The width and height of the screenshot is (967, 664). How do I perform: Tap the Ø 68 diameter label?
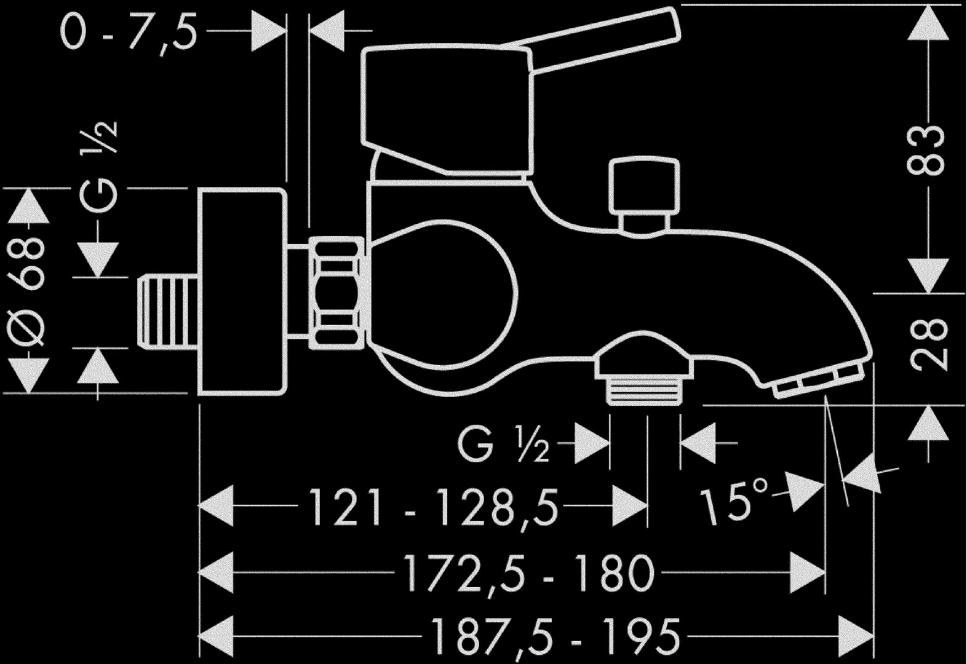[26, 291]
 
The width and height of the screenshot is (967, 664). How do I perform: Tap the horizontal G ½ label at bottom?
[503, 444]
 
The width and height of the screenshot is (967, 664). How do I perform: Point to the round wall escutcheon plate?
[242, 291]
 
